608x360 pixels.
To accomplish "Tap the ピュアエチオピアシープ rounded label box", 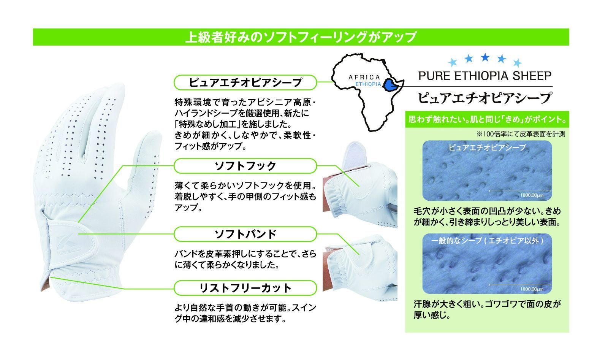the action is click(x=245, y=82).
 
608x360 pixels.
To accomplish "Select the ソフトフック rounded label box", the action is click(x=245, y=166).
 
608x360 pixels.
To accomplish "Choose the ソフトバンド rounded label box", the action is click(x=245, y=234).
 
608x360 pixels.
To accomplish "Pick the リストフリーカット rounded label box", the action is click(x=245, y=288).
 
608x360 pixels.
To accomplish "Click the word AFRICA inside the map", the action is click(x=364, y=78).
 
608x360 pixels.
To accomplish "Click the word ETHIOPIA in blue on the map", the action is click(x=368, y=84).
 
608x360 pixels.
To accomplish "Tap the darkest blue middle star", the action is click(x=485, y=57).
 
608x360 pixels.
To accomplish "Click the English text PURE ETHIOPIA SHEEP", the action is click(x=485, y=76).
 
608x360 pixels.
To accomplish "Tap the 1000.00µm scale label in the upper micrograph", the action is click(x=532, y=195).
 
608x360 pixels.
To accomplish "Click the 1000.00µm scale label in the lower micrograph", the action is click(x=532, y=289).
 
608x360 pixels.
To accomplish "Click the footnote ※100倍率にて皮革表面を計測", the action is click(x=521, y=134).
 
